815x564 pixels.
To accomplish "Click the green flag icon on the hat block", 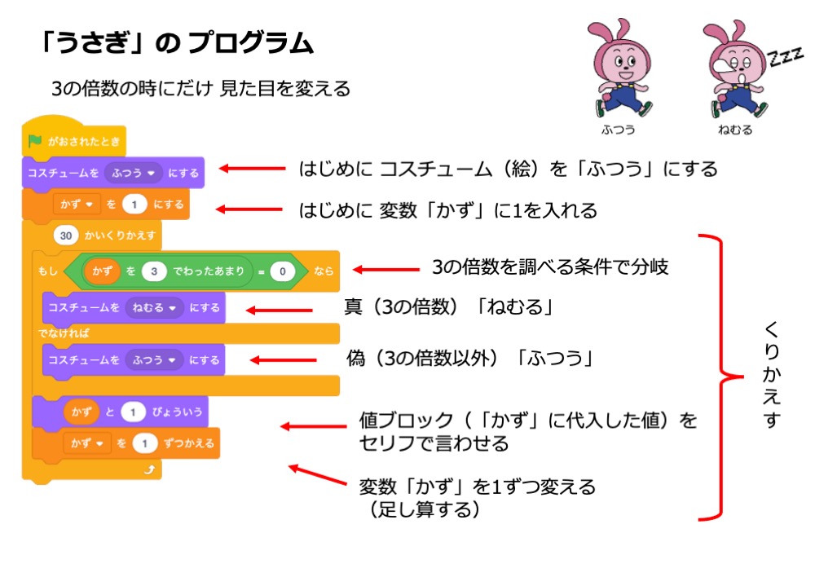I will [34, 140].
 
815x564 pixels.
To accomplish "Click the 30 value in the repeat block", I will [67, 236].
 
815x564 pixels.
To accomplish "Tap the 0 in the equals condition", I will [282, 271].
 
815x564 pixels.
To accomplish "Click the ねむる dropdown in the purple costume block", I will [156, 308].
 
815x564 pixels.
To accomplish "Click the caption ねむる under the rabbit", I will [735, 130].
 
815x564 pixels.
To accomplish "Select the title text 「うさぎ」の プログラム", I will [176, 43].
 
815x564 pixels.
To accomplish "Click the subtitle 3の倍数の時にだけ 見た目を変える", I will [200, 89].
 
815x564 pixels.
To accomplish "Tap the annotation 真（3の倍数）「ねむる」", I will [449, 309].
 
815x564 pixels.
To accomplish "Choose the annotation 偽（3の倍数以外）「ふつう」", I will [469, 359].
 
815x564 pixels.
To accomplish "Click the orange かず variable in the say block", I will [81, 413].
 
